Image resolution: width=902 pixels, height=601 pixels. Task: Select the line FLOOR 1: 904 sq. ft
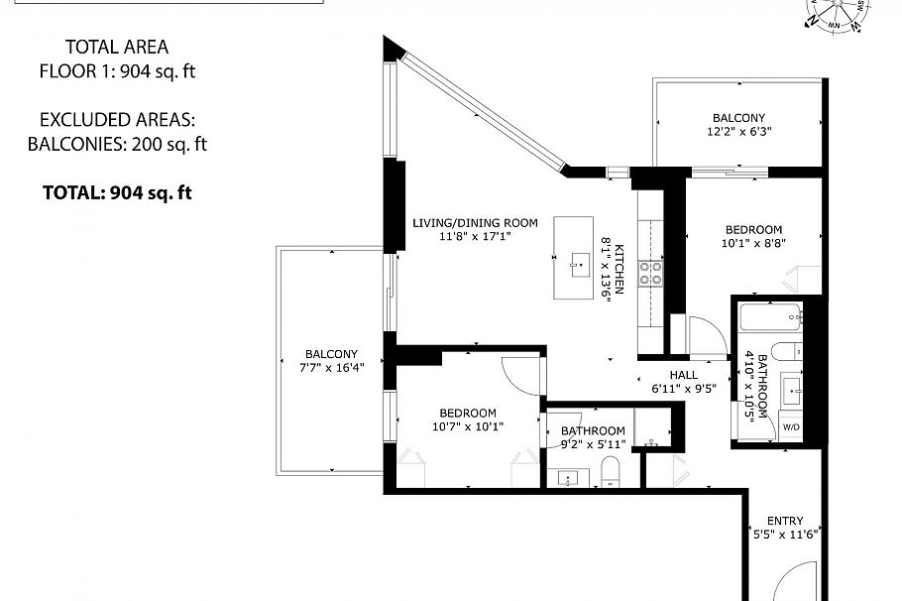(x=117, y=70)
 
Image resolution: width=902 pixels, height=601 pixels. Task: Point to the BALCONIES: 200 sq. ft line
(x=117, y=144)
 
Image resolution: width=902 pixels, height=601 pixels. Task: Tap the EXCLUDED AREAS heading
(x=117, y=120)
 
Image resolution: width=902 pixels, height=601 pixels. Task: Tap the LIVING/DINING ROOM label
(x=475, y=223)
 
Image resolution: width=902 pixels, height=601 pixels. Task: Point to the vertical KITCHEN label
(x=619, y=269)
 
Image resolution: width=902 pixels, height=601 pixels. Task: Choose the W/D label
(x=791, y=426)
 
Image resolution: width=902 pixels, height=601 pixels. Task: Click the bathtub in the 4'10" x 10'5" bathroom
(x=770, y=319)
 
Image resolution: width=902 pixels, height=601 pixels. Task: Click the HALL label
(x=683, y=376)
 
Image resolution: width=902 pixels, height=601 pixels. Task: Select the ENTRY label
(x=784, y=522)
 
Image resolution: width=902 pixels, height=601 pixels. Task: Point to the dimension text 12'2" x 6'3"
(x=738, y=131)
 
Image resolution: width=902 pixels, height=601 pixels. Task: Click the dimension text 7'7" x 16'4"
(x=331, y=367)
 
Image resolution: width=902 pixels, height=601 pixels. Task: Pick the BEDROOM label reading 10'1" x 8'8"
(x=754, y=229)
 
